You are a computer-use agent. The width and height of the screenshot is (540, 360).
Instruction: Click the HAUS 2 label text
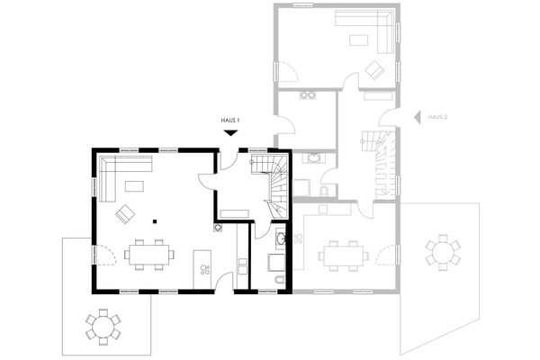pos(437,117)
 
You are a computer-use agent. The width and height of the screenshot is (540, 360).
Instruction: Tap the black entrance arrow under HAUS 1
pos(231,132)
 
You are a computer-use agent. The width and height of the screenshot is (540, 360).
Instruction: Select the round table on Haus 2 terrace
pos(442,251)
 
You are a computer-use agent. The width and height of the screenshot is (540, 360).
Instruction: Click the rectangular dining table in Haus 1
pos(149,254)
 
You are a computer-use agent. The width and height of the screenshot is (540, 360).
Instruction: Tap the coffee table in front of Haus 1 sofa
pos(135,186)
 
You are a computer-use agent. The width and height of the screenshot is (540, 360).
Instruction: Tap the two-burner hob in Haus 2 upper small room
pos(310,95)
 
